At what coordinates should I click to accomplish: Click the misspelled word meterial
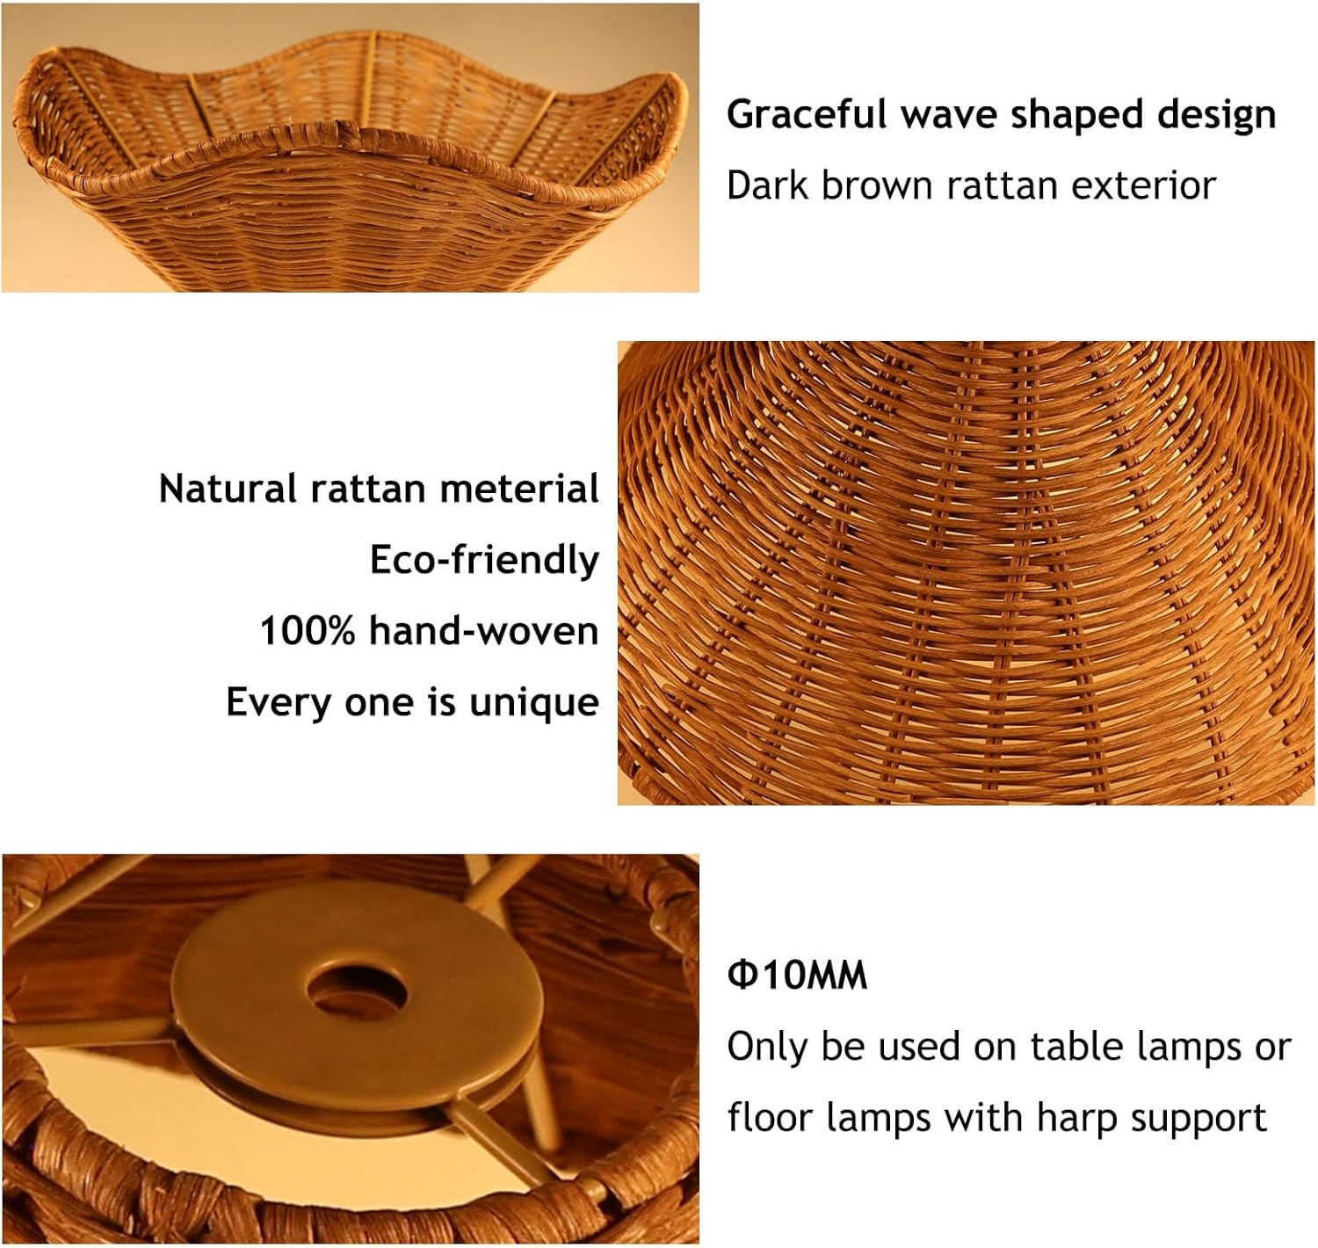point(519,488)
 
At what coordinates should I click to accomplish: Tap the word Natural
point(228,488)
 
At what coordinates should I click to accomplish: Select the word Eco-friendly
point(484,560)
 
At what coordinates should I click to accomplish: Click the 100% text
point(307,631)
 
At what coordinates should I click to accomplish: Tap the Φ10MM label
point(797,975)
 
